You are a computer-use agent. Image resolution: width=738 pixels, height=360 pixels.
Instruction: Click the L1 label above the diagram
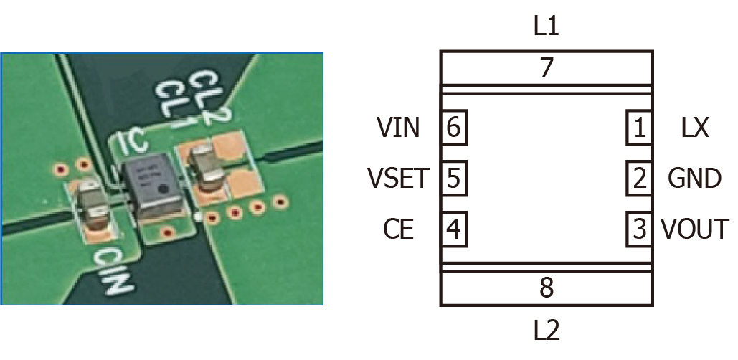546,27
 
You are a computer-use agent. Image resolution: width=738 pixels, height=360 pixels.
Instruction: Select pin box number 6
453,129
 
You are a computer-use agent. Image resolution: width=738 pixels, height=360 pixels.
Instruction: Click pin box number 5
453,177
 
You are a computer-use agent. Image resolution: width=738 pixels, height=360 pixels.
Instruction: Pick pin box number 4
453,229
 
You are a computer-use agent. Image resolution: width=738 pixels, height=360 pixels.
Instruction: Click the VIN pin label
398,129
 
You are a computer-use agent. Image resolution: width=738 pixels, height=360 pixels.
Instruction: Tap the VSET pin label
397,177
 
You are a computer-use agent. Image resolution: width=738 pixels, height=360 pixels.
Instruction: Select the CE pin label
398,229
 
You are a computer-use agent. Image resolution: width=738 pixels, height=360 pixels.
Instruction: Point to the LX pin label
694,129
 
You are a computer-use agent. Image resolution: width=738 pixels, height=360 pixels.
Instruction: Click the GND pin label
694,177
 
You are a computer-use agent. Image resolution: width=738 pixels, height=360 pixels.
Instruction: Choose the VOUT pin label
694,229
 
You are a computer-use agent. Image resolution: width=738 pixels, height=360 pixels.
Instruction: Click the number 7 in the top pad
547,69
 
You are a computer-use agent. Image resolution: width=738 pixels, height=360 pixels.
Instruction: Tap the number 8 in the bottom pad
547,288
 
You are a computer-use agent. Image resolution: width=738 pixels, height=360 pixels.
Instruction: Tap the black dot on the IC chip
164,190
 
